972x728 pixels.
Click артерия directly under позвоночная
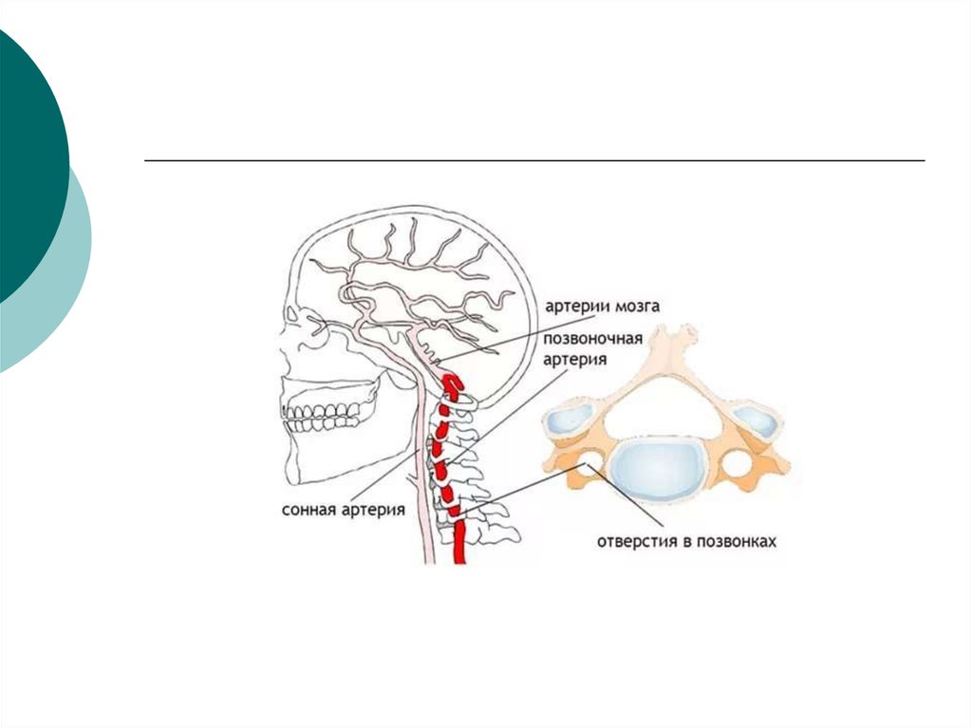click(x=575, y=359)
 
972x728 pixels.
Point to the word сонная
click(x=308, y=510)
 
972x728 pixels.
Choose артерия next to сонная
click(x=371, y=510)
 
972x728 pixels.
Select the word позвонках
click(x=737, y=542)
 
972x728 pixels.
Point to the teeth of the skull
click(x=324, y=416)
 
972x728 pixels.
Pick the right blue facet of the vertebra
click(x=757, y=418)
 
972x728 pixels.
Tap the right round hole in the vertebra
click(x=738, y=464)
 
